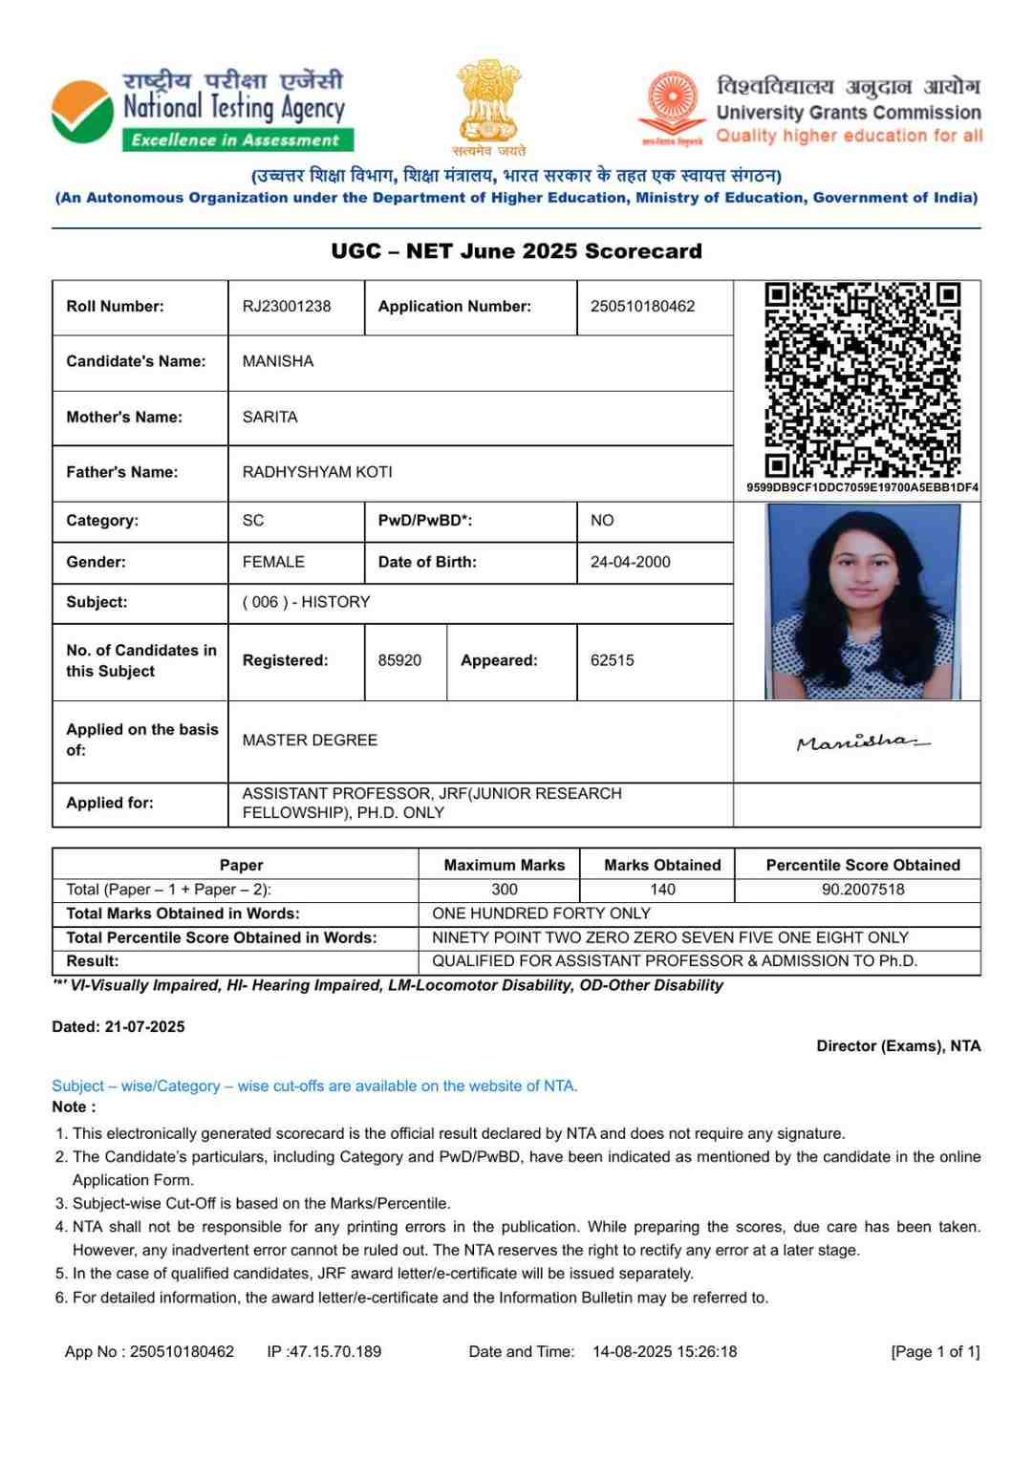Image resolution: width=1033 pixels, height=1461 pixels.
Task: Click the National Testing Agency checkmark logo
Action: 82,111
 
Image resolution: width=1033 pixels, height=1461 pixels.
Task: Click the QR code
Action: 862,379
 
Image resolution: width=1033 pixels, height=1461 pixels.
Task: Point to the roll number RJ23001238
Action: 287,307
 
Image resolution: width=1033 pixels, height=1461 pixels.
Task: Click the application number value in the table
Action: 642,307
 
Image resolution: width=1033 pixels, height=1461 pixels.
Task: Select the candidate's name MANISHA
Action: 278,361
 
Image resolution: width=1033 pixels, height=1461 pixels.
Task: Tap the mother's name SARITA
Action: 270,418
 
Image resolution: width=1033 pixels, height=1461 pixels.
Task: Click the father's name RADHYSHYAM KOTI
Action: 317,472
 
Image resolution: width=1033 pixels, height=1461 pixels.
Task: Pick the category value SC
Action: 253,521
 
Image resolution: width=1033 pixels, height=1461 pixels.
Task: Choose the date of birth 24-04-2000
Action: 631,562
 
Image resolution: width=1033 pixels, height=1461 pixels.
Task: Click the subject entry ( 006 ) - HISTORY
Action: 306,602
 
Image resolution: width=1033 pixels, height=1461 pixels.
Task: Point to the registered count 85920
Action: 399,660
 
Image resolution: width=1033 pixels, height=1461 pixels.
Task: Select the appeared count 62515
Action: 613,660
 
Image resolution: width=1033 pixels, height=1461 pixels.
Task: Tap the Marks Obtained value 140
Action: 662,890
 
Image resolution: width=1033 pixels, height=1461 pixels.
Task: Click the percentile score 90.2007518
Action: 863,890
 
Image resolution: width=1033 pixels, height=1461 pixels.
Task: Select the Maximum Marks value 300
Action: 505,890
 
